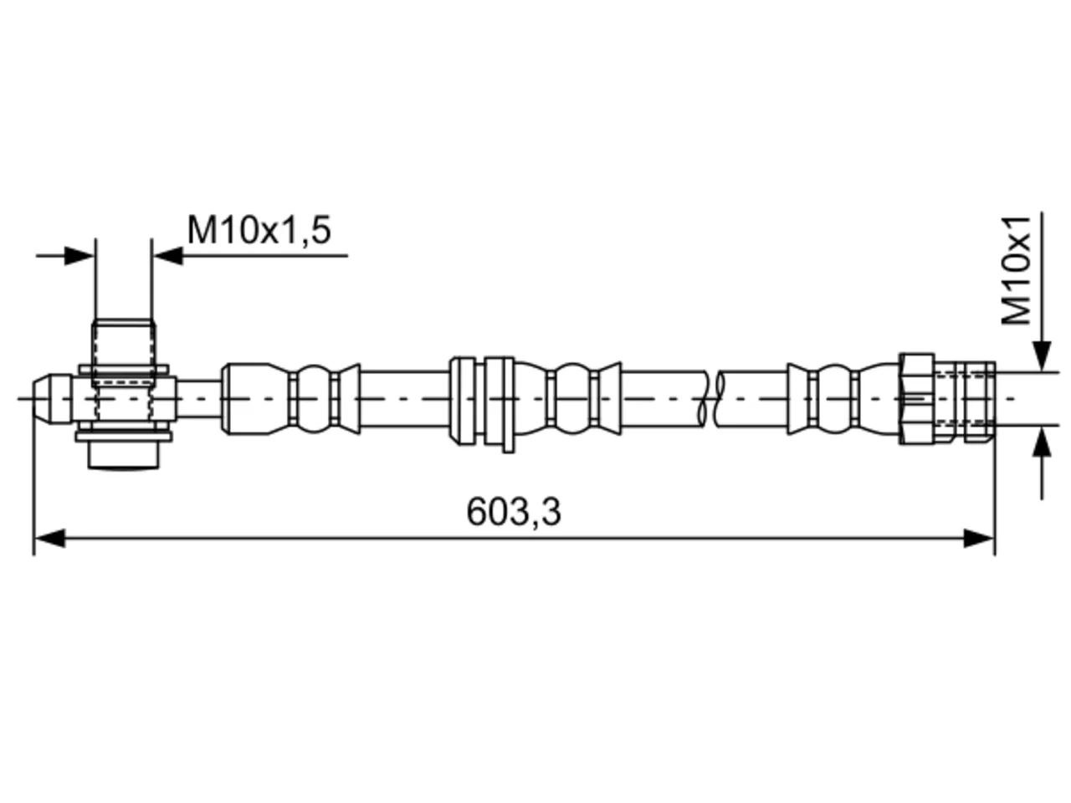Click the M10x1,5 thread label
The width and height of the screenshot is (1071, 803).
click(x=259, y=231)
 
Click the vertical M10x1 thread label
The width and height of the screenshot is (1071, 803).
click(x=1016, y=270)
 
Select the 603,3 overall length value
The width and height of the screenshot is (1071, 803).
click(x=513, y=512)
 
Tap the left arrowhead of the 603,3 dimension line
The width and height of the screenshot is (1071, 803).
click(x=49, y=538)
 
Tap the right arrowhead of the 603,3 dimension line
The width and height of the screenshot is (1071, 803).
click(x=979, y=538)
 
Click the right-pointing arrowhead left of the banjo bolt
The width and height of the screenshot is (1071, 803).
click(x=79, y=255)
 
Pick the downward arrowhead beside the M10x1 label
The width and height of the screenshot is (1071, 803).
click(x=1041, y=356)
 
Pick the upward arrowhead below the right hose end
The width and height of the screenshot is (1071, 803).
click(x=1041, y=442)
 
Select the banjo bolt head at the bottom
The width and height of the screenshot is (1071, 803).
click(x=124, y=454)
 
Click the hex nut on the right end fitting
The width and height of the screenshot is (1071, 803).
click(x=917, y=399)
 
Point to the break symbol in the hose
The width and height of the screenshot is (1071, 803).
click(x=711, y=399)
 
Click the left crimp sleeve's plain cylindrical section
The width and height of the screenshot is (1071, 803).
click(x=247, y=399)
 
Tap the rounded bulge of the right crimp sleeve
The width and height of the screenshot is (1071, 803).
click(x=834, y=399)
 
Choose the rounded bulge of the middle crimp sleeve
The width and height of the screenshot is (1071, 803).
click(x=571, y=399)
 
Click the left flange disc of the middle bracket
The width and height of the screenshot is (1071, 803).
click(x=463, y=401)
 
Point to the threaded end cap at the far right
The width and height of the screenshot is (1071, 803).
click(x=980, y=401)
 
